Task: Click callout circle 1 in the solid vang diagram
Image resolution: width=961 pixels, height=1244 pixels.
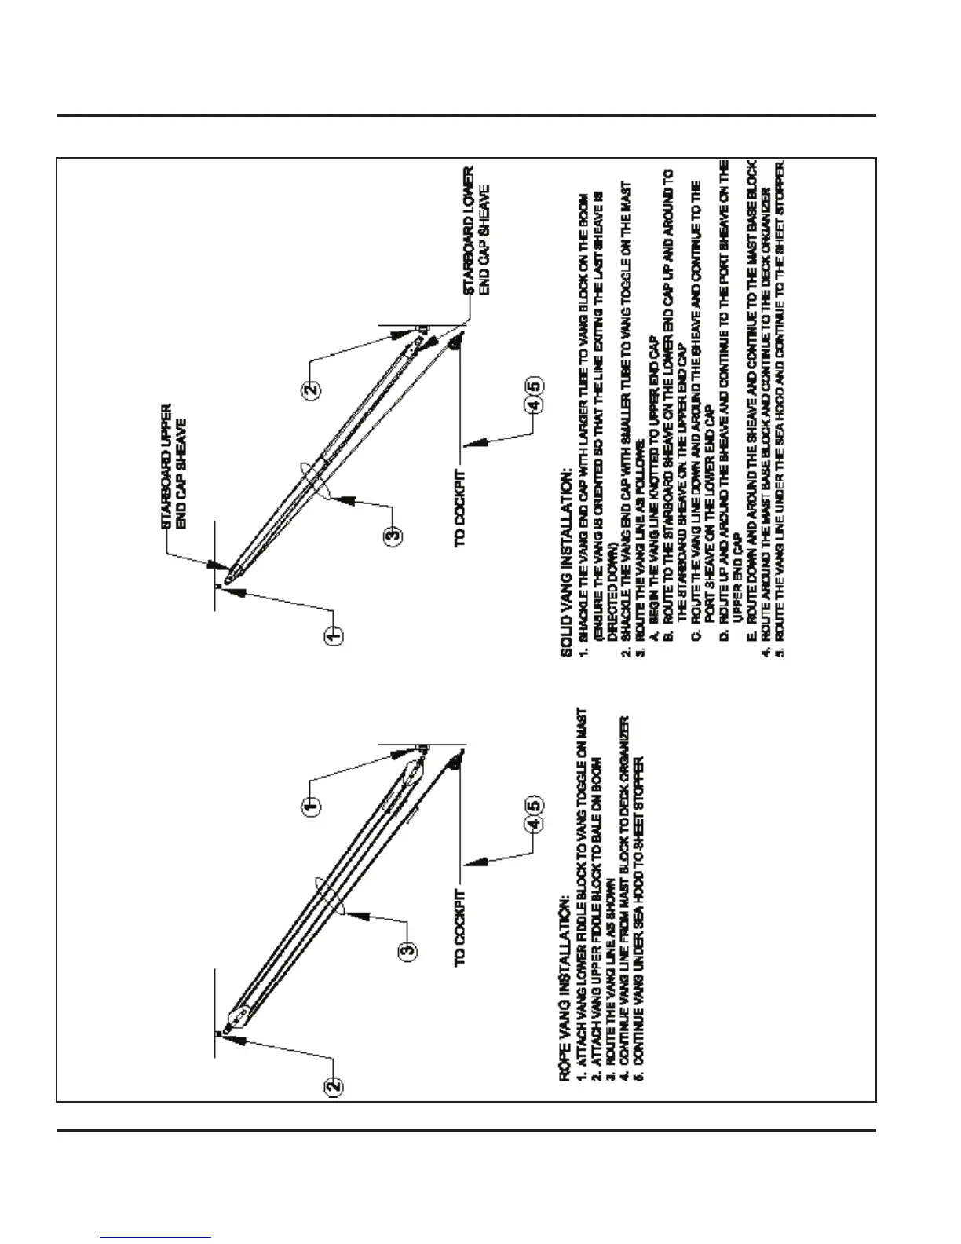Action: click(x=333, y=633)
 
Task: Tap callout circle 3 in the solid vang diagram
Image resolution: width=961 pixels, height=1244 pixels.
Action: click(x=393, y=536)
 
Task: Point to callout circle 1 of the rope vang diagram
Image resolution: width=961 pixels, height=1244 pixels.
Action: click(x=311, y=807)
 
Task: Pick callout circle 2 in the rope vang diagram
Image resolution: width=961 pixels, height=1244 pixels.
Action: click(x=333, y=1086)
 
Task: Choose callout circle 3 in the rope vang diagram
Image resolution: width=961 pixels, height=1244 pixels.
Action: click(x=407, y=951)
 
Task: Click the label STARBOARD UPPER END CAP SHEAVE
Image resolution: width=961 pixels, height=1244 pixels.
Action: click(x=174, y=466)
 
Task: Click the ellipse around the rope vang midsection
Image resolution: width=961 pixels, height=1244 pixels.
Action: click(x=330, y=895)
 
